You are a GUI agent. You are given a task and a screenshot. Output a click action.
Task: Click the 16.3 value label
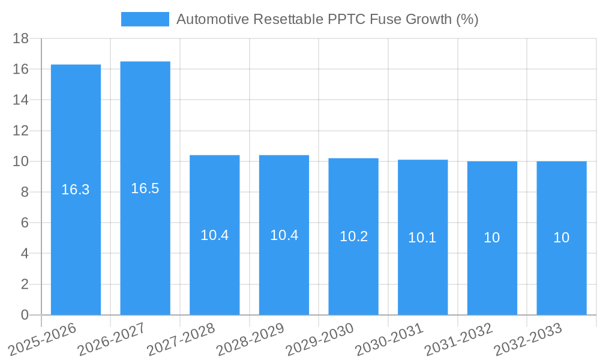[x=76, y=190]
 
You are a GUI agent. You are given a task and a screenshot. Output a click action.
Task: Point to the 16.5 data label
[x=145, y=188]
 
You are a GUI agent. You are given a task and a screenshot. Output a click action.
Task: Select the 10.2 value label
[x=353, y=236]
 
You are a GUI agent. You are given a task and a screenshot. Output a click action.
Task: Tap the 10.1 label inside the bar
[x=422, y=238]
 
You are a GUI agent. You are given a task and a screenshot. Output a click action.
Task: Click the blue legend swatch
[x=145, y=19]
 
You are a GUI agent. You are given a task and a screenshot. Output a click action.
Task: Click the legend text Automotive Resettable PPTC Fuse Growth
[x=327, y=19]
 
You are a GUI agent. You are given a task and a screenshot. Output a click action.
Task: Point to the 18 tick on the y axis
[x=21, y=38]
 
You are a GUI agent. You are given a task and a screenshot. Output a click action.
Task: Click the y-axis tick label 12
[x=21, y=131]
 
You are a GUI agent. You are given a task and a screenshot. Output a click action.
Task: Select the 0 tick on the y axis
[x=25, y=315]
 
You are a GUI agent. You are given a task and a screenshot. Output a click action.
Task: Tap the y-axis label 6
[x=25, y=223]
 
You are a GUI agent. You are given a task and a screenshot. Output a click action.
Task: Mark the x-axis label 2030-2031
[x=388, y=339]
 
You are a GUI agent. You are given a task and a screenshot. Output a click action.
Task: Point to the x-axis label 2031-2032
[x=457, y=339]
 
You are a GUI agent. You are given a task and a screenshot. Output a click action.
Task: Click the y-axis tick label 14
[x=21, y=100]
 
